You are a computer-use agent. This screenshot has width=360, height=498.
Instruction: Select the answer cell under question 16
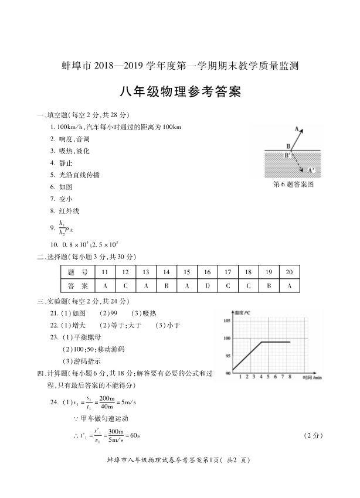click(x=207, y=286)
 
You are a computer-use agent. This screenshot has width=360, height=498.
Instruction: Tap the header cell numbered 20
click(x=289, y=272)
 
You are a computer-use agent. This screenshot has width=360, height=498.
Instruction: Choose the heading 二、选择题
click(x=54, y=257)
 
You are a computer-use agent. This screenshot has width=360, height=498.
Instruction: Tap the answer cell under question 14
click(x=167, y=286)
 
